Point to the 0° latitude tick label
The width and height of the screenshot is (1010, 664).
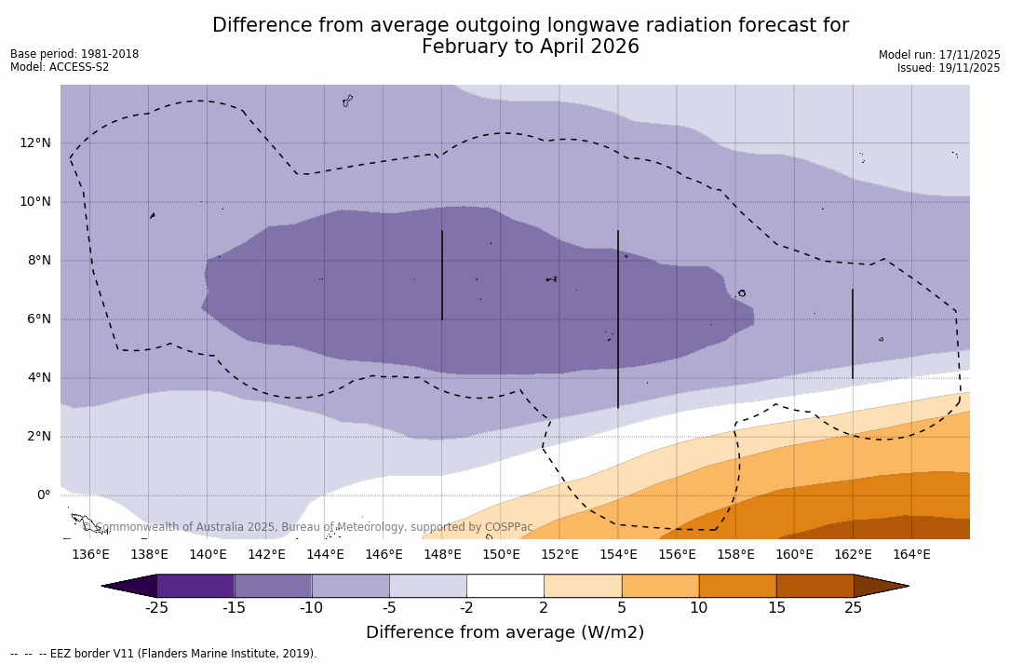coord(44,495)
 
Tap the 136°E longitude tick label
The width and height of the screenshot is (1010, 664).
coord(90,554)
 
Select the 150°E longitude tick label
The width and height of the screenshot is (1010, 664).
coord(501,554)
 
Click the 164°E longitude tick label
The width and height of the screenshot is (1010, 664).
coord(911,554)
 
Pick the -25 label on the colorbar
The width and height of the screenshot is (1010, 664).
coord(156,608)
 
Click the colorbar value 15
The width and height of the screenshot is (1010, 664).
coord(775,608)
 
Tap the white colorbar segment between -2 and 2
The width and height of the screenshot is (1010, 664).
coord(505,586)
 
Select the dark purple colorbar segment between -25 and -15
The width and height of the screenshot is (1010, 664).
coord(195,586)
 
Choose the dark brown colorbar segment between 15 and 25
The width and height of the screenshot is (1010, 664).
coord(815,586)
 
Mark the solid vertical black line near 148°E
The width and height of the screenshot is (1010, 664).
coord(442,275)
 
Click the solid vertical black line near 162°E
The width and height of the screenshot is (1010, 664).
coord(852,333)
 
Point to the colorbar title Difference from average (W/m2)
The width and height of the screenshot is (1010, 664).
coord(505,632)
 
